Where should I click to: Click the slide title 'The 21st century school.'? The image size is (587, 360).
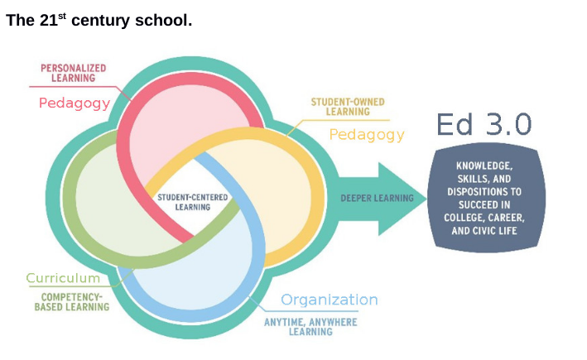pyautogui.click(x=99, y=21)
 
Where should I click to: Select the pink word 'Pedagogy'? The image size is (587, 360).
pyautogui.click(x=74, y=103)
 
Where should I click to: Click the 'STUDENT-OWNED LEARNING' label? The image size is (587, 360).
pyautogui.click(x=347, y=106)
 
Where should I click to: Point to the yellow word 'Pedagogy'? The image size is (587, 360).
pyautogui.click(x=367, y=134)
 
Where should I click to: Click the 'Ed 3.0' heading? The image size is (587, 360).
pyautogui.click(x=484, y=123)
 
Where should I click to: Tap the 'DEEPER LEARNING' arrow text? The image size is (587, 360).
pyautogui.click(x=378, y=198)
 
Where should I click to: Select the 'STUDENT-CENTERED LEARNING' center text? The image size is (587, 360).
pyautogui.click(x=193, y=201)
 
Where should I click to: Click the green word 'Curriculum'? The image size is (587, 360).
pyautogui.click(x=63, y=278)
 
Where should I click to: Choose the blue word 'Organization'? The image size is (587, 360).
pyautogui.click(x=329, y=300)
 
